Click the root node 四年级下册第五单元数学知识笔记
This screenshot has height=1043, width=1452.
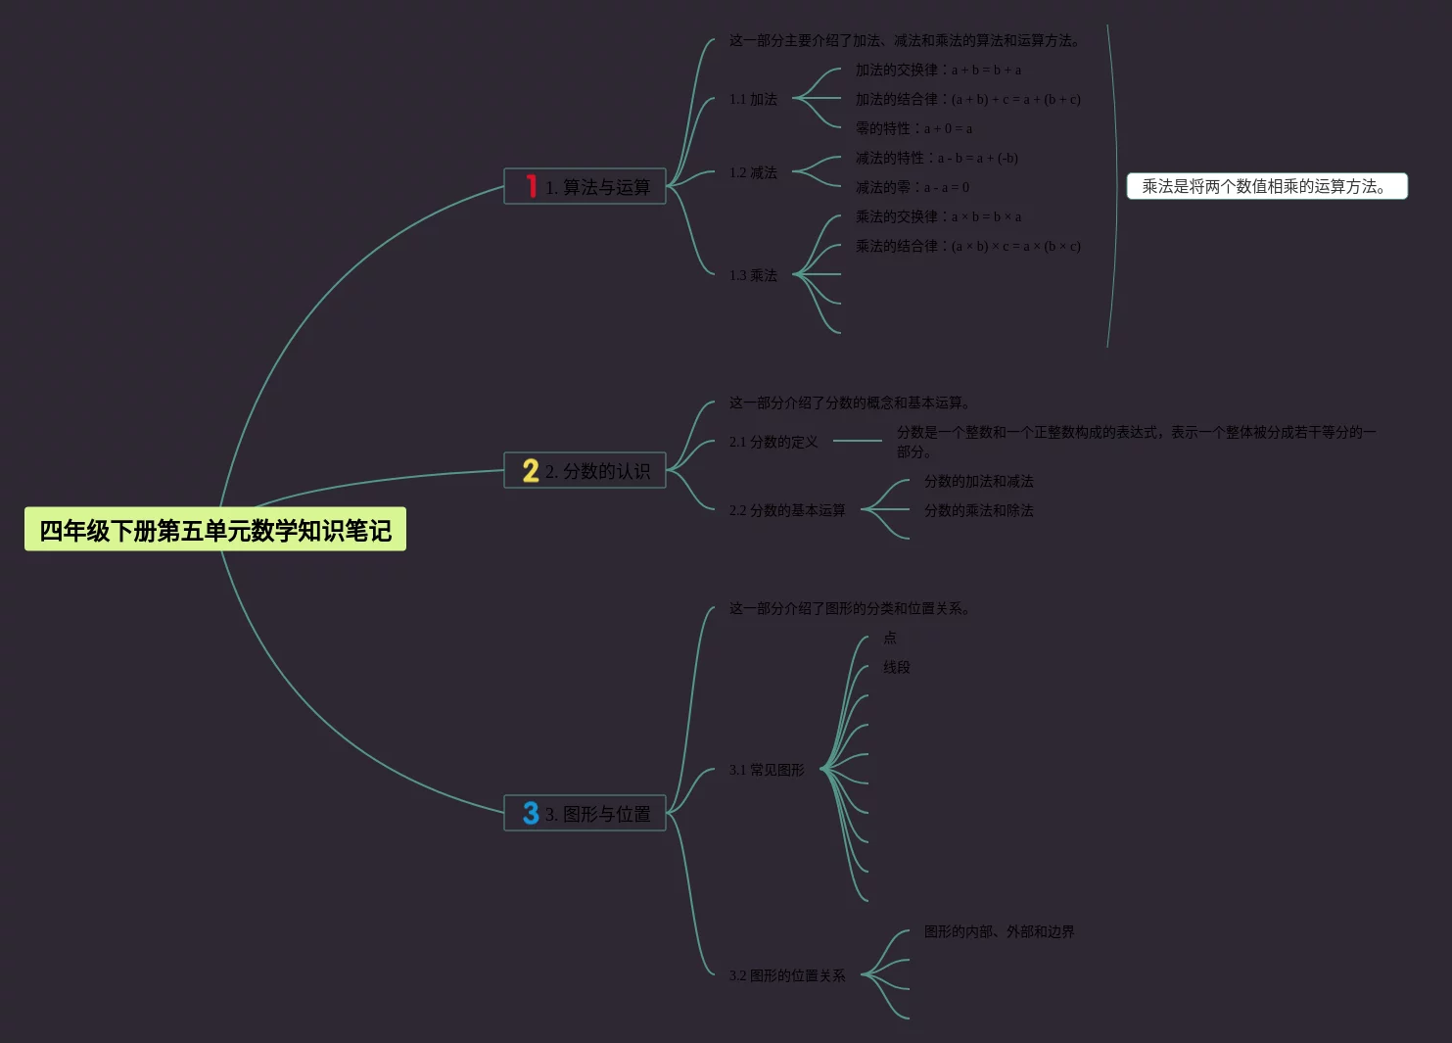click(x=214, y=530)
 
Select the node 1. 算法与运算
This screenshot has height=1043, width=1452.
click(x=596, y=186)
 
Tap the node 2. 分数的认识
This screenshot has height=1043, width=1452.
click(x=596, y=471)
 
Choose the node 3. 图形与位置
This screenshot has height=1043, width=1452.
click(x=596, y=814)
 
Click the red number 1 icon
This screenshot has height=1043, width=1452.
click(x=531, y=186)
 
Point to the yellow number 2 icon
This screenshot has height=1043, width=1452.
click(x=531, y=471)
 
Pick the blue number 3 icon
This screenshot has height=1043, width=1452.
click(x=531, y=813)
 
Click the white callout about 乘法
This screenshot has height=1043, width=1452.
click(x=1266, y=186)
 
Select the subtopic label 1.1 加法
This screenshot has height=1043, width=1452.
click(x=753, y=99)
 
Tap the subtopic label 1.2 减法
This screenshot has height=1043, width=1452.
click(x=753, y=172)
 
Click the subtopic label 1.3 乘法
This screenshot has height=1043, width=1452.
click(x=753, y=275)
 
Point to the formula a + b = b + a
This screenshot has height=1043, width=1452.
click(x=986, y=70)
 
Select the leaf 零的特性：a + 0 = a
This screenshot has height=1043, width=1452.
click(x=913, y=128)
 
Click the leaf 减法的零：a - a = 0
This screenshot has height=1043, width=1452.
click(x=912, y=187)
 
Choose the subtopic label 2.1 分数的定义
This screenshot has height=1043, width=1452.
click(x=773, y=442)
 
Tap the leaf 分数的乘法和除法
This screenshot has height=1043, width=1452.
click(x=978, y=510)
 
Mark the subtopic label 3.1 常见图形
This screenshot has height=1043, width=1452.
click(x=766, y=770)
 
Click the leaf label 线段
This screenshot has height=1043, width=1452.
click(x=896, y=667)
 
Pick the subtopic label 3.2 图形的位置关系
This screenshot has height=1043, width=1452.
click(x=786, y=975)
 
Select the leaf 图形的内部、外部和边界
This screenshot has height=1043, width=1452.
click(x=999, y=931)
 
